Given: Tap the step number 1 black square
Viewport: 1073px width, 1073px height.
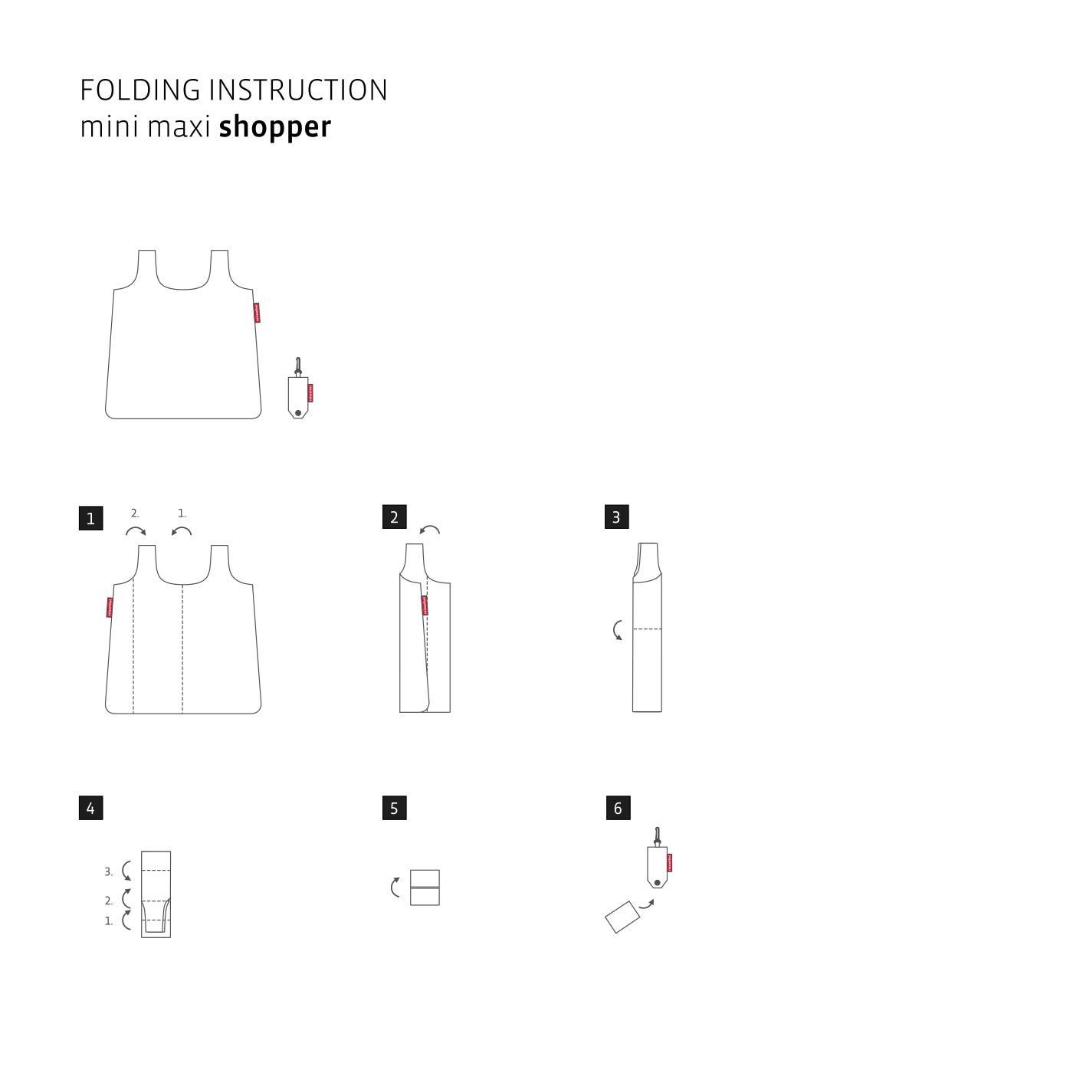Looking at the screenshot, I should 90,518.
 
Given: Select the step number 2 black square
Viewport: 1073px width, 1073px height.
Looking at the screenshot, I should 394,517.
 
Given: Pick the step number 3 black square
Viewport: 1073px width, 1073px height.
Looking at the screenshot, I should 616,517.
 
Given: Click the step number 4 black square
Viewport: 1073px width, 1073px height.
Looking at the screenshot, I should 90,808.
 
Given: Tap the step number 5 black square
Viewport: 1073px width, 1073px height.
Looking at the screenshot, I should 394,808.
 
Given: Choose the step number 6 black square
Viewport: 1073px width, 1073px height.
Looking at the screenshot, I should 618,808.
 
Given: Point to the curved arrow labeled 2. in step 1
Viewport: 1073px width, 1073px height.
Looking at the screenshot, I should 136,531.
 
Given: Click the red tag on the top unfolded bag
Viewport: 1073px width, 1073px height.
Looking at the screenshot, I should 257,313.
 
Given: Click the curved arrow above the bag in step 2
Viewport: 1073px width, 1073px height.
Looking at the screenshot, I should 430,530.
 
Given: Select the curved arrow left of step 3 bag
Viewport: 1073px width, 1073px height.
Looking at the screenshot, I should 618,630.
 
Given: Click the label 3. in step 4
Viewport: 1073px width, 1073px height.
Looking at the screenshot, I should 108,872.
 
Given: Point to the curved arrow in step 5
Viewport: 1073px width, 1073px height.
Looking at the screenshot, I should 395,888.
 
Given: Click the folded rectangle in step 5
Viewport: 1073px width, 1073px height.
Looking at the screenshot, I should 425,888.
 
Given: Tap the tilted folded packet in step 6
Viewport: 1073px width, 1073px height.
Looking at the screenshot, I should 622,917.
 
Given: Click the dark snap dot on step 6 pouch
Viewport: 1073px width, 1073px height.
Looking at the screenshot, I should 657,883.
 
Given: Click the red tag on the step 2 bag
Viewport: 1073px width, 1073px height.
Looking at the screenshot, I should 425,605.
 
